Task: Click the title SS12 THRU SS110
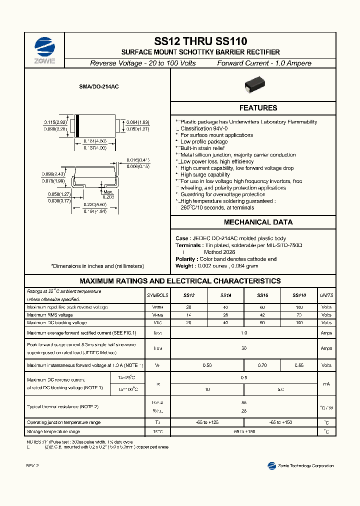click(200, 42)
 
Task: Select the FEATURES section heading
click(258, 108)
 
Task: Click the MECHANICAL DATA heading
click(258, 222)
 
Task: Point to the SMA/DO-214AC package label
click(98, 87)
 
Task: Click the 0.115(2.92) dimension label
click(55, 122)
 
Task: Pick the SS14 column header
click(225, 295)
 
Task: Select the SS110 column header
click(299, 295)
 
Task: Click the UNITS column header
click(326, 295)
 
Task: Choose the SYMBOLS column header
click(157, 295)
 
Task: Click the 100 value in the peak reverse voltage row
click(299, 307)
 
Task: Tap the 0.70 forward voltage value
click(262, 365)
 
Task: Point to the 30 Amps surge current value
click(244, 348)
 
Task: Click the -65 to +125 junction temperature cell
click(207, 422)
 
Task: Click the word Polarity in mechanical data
click(185, 259)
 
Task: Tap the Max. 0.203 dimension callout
click(108, 194)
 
